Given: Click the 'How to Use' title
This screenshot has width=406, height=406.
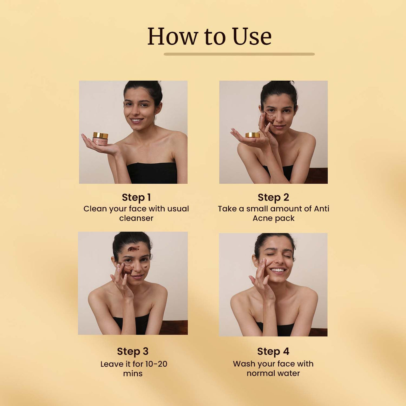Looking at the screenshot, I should tap(209, 36).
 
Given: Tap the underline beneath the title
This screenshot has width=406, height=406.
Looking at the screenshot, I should tap(239, 54).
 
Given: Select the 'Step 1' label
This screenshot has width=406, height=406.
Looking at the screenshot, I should tap(136, 197).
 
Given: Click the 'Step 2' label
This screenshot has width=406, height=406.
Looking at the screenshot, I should tap(273, 197).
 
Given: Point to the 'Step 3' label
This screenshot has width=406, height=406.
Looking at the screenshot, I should tap(133, 351).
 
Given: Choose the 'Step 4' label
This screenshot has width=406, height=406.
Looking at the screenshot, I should tap(273, 351).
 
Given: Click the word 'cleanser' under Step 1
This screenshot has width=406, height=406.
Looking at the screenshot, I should tap(136, 218).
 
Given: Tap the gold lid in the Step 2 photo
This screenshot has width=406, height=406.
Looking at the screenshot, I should tap(252, 135).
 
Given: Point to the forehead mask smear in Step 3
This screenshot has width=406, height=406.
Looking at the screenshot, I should tap(134, 248).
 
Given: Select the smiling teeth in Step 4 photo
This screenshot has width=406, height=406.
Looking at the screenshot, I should tap(278, 270).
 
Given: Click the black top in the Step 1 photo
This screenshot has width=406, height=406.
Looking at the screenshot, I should tap(152, 173).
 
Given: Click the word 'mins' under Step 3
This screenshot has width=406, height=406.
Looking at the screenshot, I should tap(133, 373).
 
